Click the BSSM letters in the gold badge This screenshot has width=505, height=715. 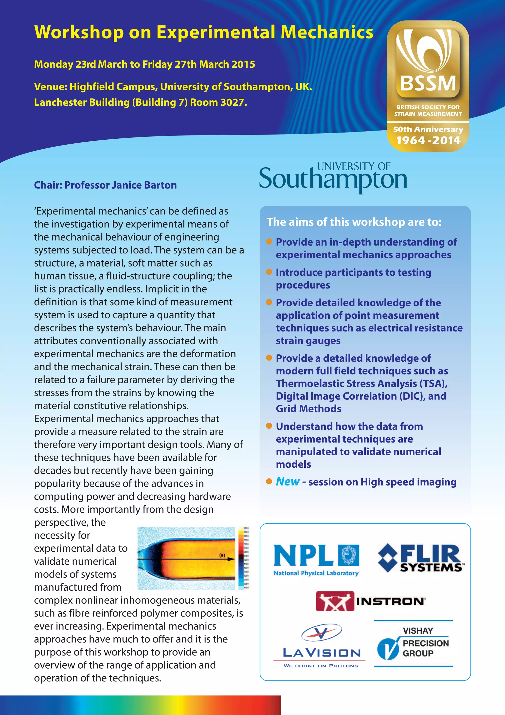point(428,83)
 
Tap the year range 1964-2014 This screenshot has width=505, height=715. point(428,140)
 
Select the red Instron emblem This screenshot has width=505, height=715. point(335,601)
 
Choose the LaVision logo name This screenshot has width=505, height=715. point(322,653)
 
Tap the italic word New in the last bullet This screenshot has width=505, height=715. point(288,482)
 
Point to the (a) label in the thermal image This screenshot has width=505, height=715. point(222,555)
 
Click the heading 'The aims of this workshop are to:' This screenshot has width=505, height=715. point(354,222)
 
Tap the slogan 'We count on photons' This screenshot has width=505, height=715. point(321,666)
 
